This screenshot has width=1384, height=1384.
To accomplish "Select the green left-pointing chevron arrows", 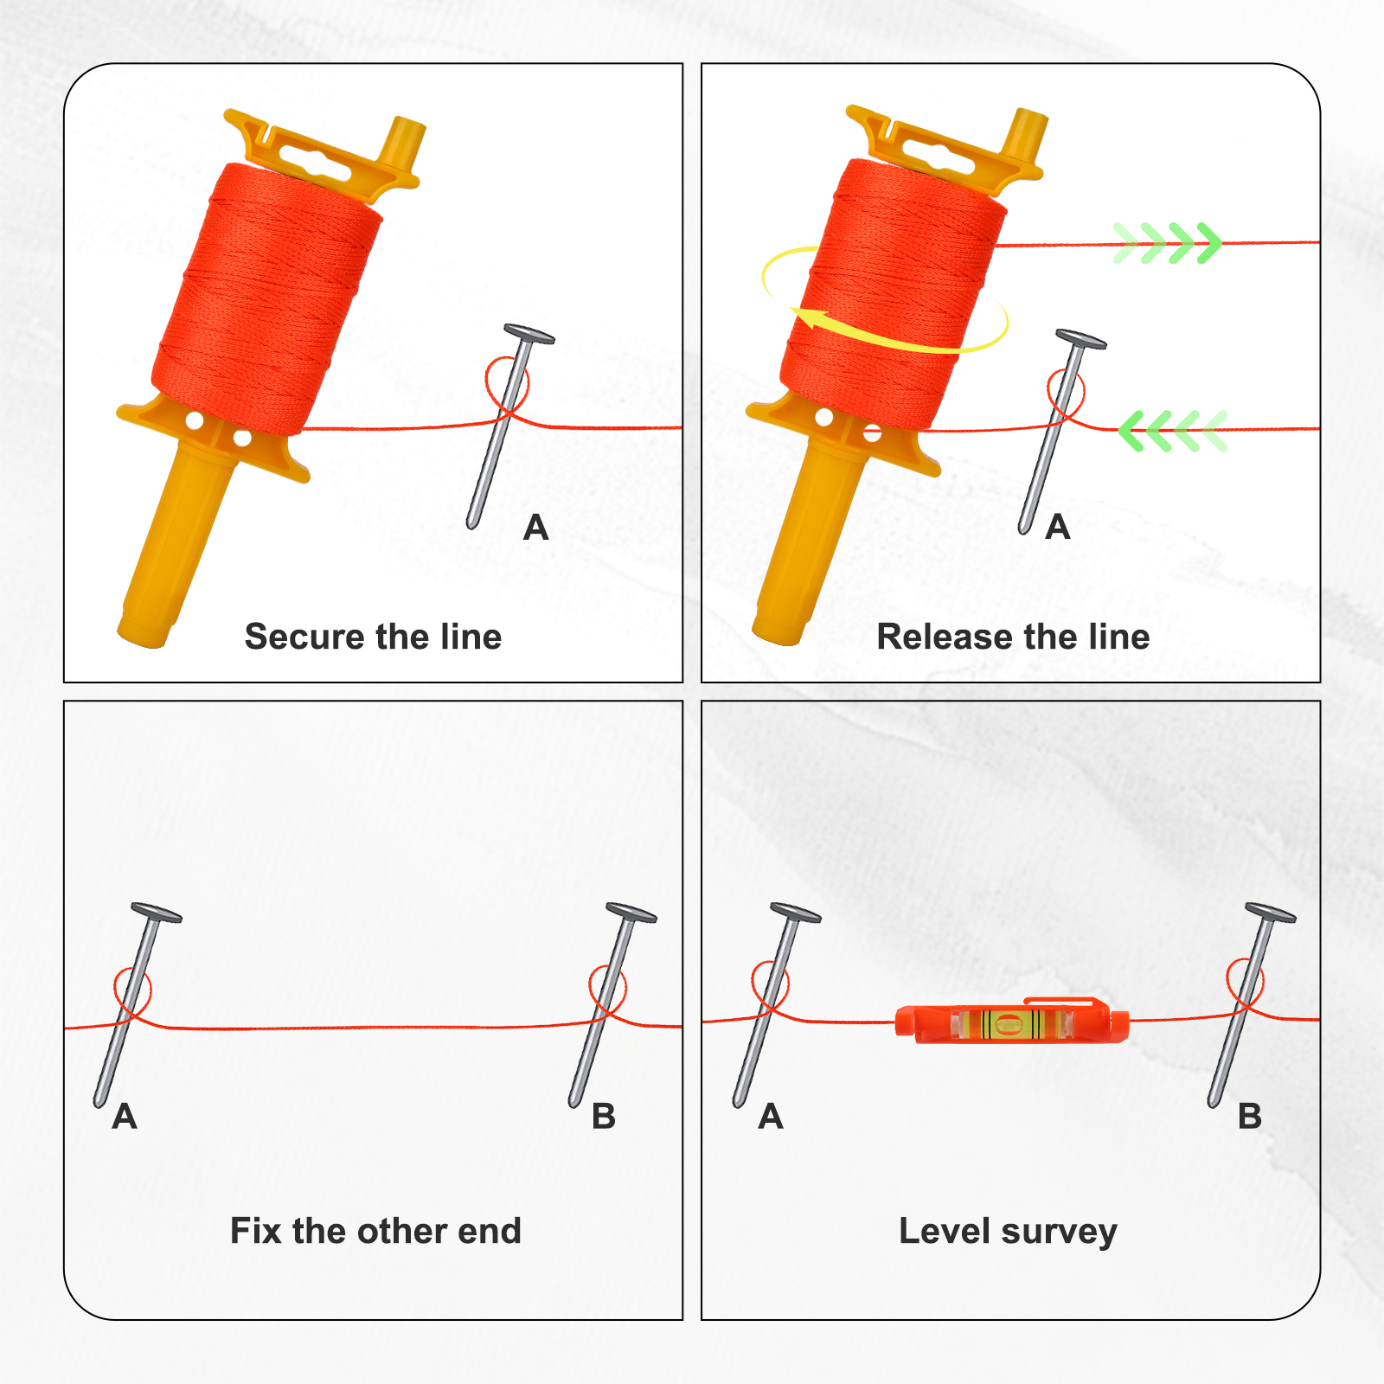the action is (1173, 431).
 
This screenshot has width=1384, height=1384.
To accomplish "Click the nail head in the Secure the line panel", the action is (529, 334).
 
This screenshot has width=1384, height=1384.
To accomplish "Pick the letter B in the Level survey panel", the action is (1249, 1117).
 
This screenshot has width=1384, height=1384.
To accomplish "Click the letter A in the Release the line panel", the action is (1058, 527).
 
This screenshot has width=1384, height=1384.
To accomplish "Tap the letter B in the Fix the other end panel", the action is (604, 1117).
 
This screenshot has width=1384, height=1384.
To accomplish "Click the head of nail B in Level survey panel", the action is (1271, 913).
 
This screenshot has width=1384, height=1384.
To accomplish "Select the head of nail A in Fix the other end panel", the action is (157, 913).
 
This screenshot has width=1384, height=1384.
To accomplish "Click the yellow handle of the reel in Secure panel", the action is (178, 541).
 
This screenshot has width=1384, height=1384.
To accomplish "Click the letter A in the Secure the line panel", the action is (536, 527).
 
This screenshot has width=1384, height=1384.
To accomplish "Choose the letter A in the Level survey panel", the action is (771, 1117).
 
